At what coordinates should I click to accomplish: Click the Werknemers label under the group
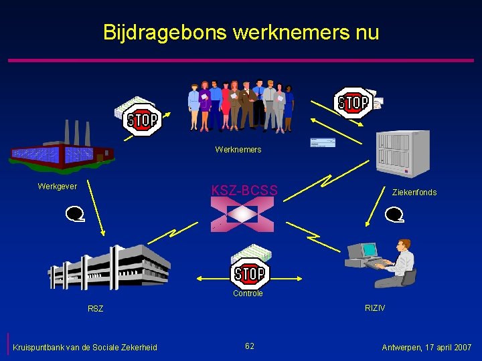click(x=238, y=150)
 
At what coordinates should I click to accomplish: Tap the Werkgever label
click(x=58, y=187)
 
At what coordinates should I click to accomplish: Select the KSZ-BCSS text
click(x=244, y=190)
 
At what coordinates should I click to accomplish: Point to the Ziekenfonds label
click(x=414, y=193)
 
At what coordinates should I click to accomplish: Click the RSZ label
click(x=96, y=309)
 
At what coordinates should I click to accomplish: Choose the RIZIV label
click(x=375, y=308)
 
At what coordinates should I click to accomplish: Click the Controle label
click(x=248, y=293)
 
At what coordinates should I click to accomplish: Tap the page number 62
click(x=249, y=346)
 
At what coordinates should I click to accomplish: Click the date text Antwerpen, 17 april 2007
click(x=426, y=348)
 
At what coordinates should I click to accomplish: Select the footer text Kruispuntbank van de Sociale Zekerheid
click(x=85, y=348)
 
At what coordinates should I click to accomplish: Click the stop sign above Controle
click(x=250, y=273)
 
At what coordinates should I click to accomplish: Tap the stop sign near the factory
click(x=143, y=120)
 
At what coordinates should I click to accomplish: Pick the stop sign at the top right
click(x=353, y=103)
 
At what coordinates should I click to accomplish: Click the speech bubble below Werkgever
click(x=74, y=214)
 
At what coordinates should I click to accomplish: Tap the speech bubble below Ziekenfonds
click(x=394, y=215)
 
